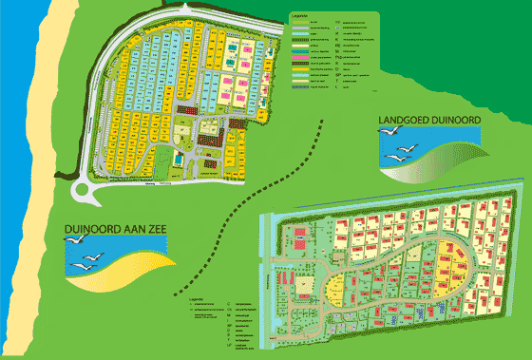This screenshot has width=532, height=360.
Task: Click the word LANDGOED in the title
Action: pos(402,120)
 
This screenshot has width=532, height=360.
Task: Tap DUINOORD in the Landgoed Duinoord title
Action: pos(453,120)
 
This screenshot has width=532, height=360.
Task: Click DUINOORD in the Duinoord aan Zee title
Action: pos(92,230)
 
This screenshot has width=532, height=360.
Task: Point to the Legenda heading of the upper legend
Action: pos(300,15)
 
